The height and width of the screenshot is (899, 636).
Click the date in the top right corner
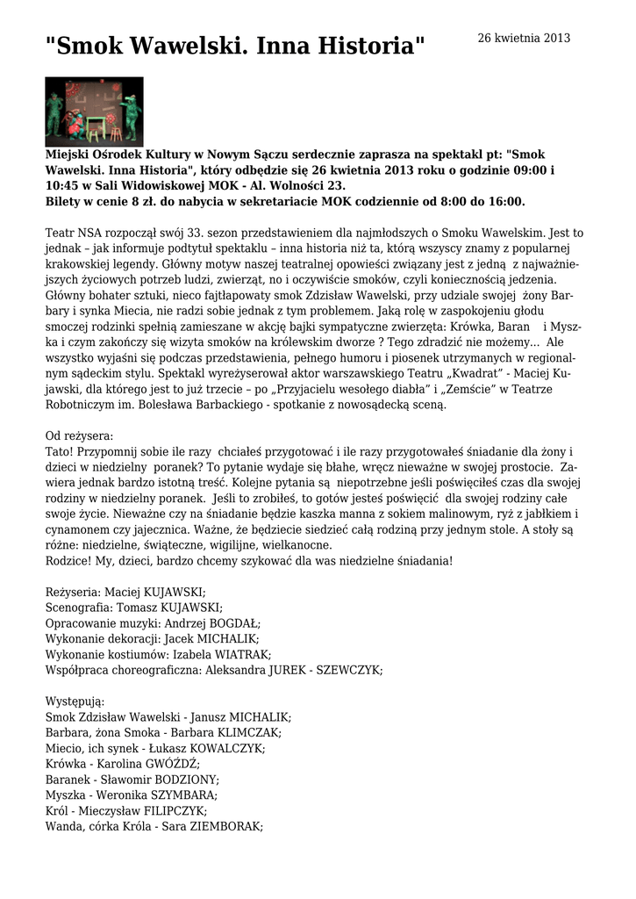tap(523, 38)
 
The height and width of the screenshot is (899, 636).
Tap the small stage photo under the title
tap(94, 111)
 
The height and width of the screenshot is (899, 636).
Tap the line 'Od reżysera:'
tap(79, 435)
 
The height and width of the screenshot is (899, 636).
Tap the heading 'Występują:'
tap(75, 701)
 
